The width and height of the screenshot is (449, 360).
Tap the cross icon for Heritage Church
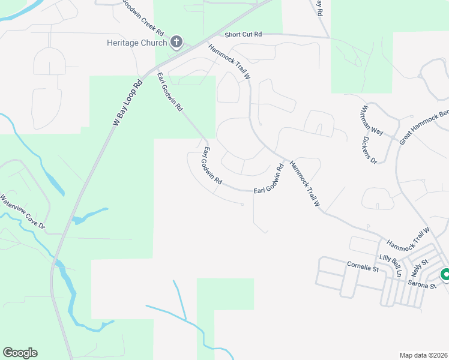[x=176, y=41]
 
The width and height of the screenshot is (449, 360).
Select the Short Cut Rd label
[x=244, y=35]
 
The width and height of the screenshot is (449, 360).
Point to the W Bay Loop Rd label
[x=128, y=103]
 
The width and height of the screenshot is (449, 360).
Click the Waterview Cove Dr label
[x=23, y=211]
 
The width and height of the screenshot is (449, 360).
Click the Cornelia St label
[x=363, y=265]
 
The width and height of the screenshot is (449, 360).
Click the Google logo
[x=20, y=353]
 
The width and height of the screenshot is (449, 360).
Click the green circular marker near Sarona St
[x=445, y=275]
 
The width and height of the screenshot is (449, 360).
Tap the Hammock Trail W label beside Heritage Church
[x=229, y=62]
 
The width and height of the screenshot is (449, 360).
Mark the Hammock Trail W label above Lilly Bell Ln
[x=408, y=238]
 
